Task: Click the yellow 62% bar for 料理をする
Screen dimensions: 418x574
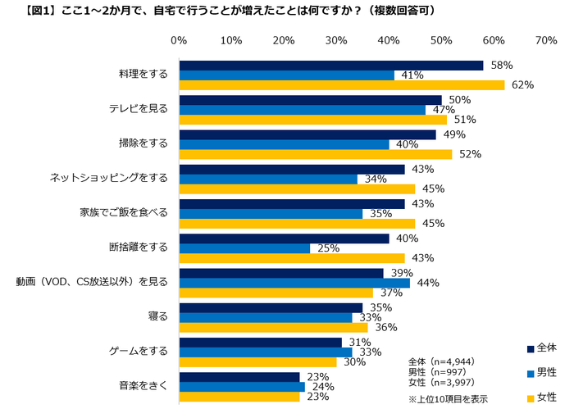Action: click(342, 84)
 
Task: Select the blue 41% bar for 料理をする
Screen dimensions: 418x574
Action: click(286, 75)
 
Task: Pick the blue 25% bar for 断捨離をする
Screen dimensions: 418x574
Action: click(244, 248)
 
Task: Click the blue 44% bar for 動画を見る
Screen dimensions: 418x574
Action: click(294, 283)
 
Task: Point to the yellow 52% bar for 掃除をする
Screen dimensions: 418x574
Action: click(316, 154)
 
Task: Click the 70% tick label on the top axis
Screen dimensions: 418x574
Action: click(546, 40)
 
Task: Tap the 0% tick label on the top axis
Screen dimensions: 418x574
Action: click(179, 40)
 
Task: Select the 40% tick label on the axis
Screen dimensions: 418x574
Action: click(389, 40)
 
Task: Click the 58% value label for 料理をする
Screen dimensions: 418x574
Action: click(502, 65)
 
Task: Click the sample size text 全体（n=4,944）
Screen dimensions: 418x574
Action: click(442, 361)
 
